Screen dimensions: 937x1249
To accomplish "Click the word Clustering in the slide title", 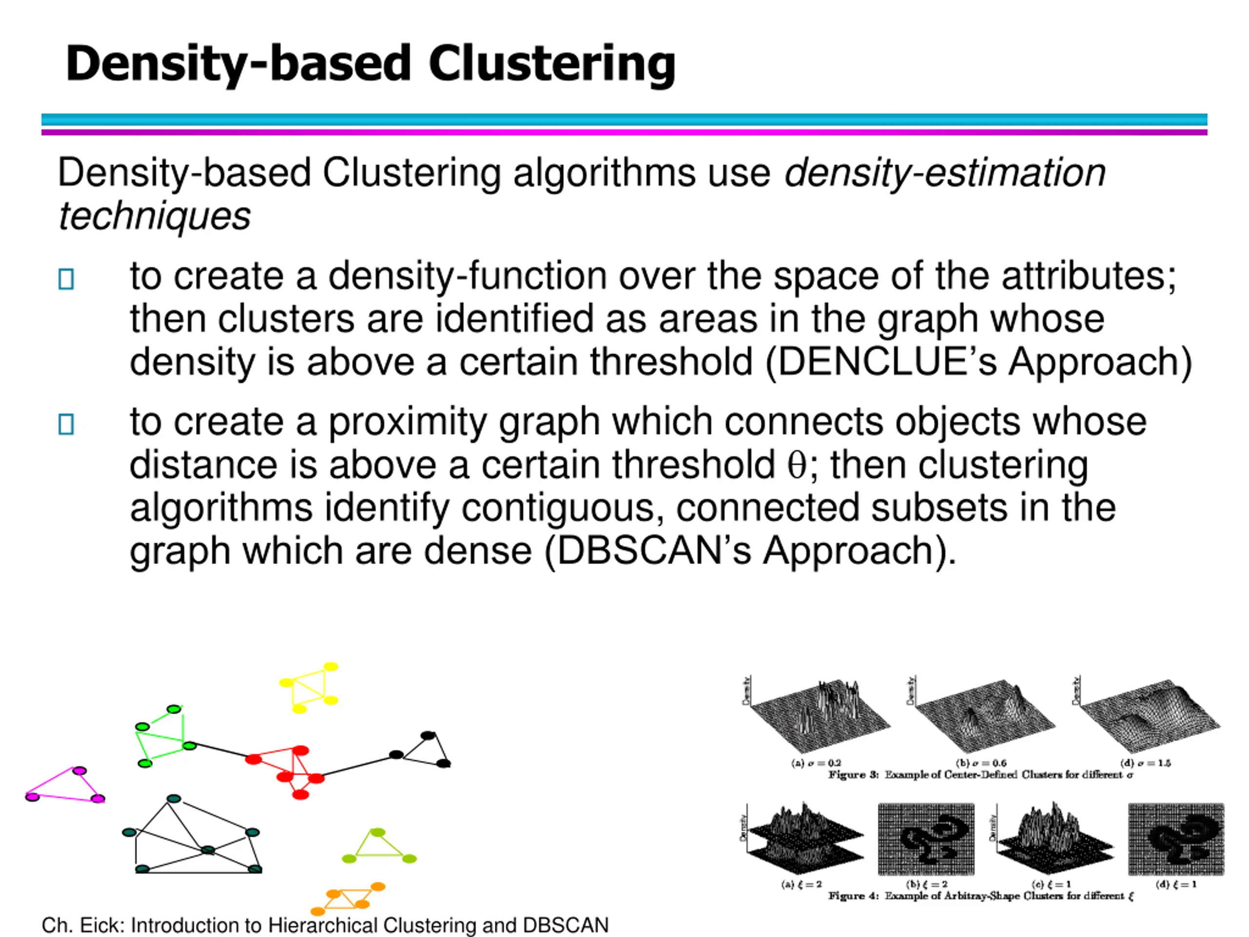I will pos(552,63).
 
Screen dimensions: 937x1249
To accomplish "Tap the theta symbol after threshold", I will pos(797,465).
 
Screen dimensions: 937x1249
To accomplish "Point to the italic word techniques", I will pos(155,216).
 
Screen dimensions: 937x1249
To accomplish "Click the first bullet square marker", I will pos(66,279).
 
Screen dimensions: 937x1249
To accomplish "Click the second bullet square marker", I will pos(66,424).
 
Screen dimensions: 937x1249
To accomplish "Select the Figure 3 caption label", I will pos(853,774).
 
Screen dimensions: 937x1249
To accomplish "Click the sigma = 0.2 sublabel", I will pos(816,763).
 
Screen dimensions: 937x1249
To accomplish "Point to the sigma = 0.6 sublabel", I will pos(981,763).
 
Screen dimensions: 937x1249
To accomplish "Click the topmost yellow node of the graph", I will pos(331,667).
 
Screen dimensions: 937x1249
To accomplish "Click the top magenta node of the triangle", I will pos(80,771).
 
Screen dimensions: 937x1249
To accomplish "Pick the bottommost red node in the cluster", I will pos(301,794).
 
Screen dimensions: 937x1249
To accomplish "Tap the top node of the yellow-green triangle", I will pos(377,833).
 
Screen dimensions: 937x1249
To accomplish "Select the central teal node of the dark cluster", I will pos(208,850).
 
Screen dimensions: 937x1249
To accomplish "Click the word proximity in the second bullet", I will pos(407,422).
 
